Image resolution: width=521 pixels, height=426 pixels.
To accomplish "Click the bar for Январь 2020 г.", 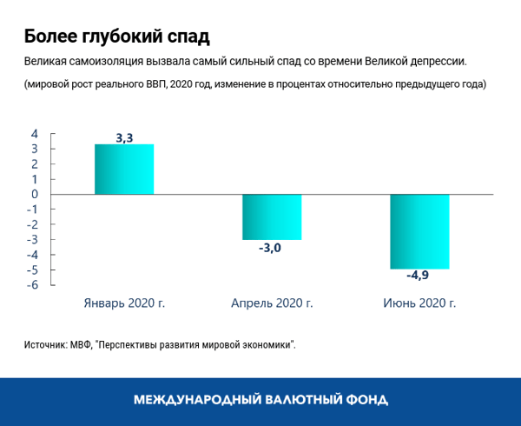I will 124,170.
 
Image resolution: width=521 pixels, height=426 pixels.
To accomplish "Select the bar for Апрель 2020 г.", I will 272,216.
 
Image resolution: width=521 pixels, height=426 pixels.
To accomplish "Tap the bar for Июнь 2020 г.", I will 419,231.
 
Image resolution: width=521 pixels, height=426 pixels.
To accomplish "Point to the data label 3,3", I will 124,137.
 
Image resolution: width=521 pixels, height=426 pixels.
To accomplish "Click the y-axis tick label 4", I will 35,134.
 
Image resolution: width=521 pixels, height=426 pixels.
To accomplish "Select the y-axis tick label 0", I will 35,195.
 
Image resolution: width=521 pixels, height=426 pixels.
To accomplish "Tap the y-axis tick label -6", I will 32,285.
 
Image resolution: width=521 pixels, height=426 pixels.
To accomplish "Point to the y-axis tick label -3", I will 32,240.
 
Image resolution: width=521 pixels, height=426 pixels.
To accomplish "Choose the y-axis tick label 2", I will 35,164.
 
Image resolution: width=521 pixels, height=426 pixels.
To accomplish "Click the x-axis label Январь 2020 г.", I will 124,303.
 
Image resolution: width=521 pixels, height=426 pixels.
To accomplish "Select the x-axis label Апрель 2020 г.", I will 272,303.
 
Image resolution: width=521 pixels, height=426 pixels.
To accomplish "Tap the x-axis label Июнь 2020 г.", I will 419,303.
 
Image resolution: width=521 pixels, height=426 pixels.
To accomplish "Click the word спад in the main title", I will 186,37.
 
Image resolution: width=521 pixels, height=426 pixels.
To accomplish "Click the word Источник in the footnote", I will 45,344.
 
